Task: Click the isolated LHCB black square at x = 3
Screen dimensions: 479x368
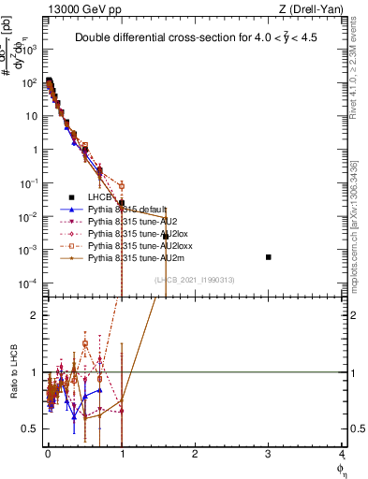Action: pyautogui.click(x=269, y=256)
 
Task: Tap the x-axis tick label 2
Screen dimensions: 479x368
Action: pyautogui.click(x=195, y=454)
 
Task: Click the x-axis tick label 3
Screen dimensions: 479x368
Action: pyautogui.click(x=269, y=454)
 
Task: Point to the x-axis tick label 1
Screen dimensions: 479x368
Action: pyautogui.click(x=122, y=454)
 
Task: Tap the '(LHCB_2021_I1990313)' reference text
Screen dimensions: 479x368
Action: pyautogui.click(x=195, y=279)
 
